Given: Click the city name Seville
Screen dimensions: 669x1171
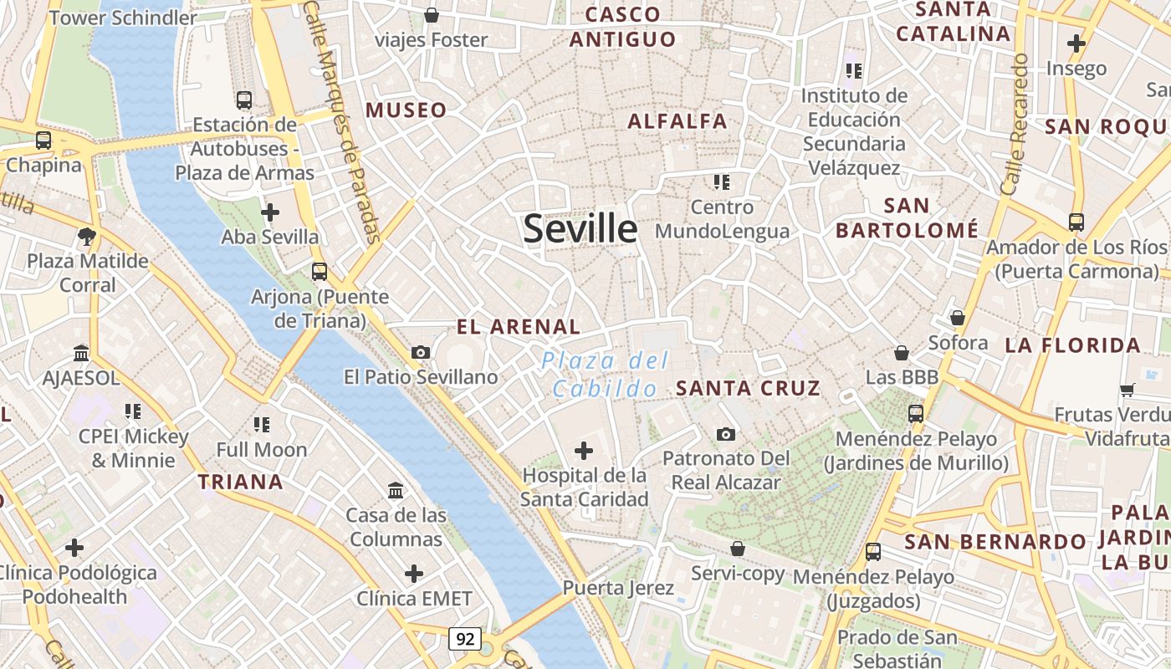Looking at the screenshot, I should pyautogui.click(x=580, y=228).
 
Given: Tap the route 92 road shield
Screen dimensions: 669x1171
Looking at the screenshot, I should pyautogui.click(x=465, y=639).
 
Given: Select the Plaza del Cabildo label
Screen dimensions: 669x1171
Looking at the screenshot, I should pyautogui.click(x=605, y=375).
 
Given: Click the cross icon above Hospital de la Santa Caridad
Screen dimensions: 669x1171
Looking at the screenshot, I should pyautogui.click(x=584, y=452).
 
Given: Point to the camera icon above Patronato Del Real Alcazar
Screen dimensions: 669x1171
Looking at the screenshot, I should pyautogui.click(x=726, y=434).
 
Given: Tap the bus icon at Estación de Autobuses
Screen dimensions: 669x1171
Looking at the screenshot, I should pyautogui.click(x=244, y=100).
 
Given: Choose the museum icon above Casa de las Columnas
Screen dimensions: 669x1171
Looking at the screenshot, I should pyautogui.click(x=396, y=490).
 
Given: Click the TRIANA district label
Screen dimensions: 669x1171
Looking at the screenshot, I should pyautogui.click(x=241, y=482).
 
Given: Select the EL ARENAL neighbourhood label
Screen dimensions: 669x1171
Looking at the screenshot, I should pyautogui.click(x=519, y=327).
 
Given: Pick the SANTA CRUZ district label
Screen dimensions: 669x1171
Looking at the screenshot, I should pyautogui.click(x=748, y=388).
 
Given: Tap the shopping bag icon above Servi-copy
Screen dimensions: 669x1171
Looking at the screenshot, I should pyautogui.click(x=738, y=549).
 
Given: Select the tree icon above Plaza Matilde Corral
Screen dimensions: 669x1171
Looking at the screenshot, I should pyautogui.click(x=86, y=237).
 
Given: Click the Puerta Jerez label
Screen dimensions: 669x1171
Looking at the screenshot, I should pyautogui.click(x=618, y=588).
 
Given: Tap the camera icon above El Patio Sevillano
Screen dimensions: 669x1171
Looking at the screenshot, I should pyautogui.click(x=421, y=353).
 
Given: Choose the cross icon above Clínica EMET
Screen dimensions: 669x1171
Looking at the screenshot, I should pyautogui.click(x=414, y=574).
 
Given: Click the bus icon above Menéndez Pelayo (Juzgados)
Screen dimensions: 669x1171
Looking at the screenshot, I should pyautogui.click(x=873, y=552).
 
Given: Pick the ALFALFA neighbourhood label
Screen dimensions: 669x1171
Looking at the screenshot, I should pyautogui.click(x=678, y=121).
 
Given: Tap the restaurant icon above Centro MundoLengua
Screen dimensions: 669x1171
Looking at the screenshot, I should pyautogui.click(x=722, y=181).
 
